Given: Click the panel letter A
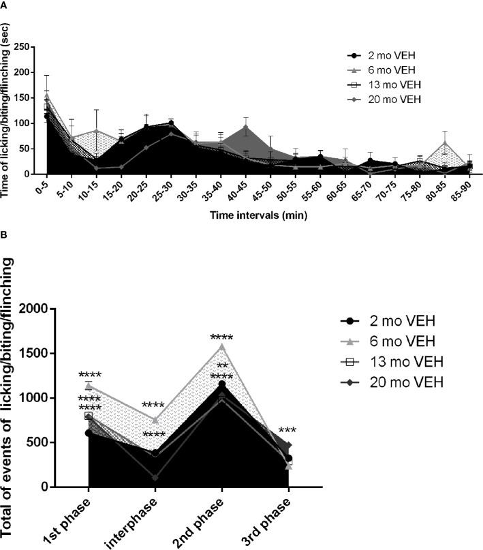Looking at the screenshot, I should (5, 5).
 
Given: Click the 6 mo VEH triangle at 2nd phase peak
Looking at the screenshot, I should (222, 346).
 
